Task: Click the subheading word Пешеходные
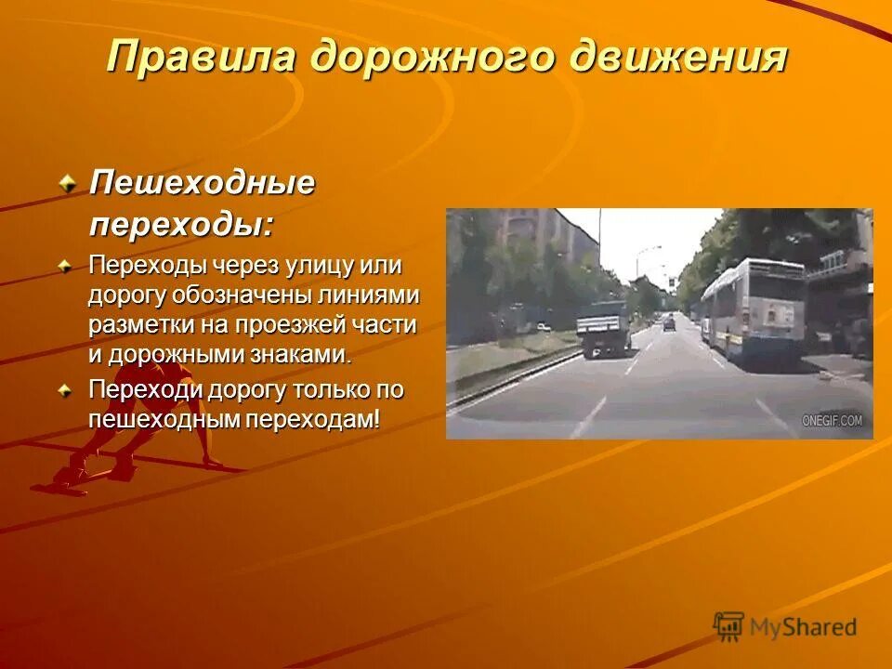[x=202, y=183]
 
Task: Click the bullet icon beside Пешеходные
[x=66, y=184]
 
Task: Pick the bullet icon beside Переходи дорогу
[x=66, y=390]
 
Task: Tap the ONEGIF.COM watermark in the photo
[x=832, y=421]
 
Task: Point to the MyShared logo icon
[x=728, y=626]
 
